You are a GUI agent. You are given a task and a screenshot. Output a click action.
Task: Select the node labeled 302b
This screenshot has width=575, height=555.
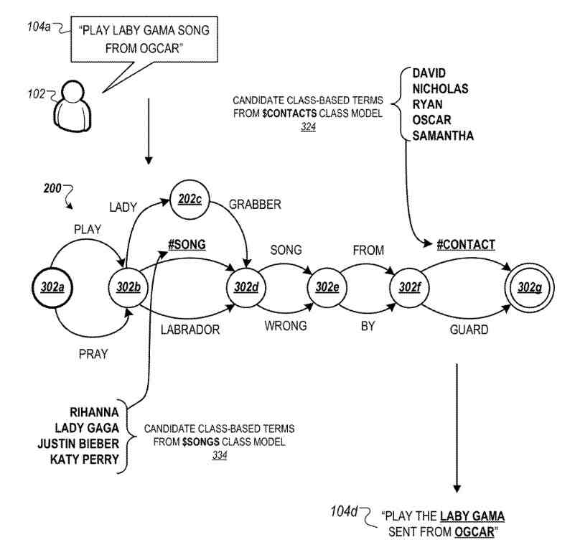(128, 289)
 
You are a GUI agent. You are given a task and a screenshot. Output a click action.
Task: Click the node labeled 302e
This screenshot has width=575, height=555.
(323, 289)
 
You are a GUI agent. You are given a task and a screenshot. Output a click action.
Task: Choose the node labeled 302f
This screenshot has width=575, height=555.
(404, 289)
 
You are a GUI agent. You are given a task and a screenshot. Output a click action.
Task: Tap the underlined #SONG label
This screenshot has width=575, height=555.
(187, 244)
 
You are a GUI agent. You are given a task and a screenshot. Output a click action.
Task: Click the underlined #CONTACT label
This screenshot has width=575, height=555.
(466, 245)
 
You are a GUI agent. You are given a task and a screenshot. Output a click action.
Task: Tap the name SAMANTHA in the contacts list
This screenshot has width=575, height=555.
(439, 136)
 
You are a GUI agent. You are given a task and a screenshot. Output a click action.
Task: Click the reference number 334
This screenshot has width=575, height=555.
(220, 454)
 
